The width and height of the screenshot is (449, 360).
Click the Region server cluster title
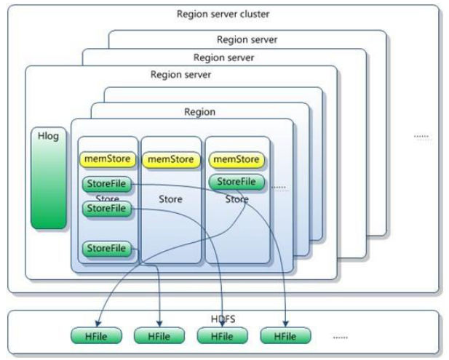(x=224, y=14)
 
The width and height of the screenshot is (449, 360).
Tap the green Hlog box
(x=49, y=178)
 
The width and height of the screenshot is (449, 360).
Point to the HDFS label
(x=224, y=319)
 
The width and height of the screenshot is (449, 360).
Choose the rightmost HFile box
(x=285, y=336)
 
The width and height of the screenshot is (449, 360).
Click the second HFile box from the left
(x=159, y=336)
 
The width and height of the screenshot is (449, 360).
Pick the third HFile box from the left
(x=222, y=336)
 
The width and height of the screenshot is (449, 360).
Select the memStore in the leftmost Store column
(x=108, y=159)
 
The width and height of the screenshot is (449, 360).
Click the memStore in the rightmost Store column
(x=236, y=159)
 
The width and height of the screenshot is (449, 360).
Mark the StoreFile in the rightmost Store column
(x=237, y=182)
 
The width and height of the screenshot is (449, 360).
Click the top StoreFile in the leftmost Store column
(x=107, y=184)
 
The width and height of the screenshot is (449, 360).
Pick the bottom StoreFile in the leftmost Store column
(x=107, y=249)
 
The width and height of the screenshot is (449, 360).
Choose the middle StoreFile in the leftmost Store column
(x=107, y=209)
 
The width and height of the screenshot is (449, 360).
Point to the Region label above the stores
(x=199, y=112)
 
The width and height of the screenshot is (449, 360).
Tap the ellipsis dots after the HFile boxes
(x=340, y=337)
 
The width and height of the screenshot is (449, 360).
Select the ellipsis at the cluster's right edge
(x=421, y=136)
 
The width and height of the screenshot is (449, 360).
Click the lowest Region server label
(x=180, y=74)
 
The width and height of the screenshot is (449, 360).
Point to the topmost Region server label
(x=247, y=39)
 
